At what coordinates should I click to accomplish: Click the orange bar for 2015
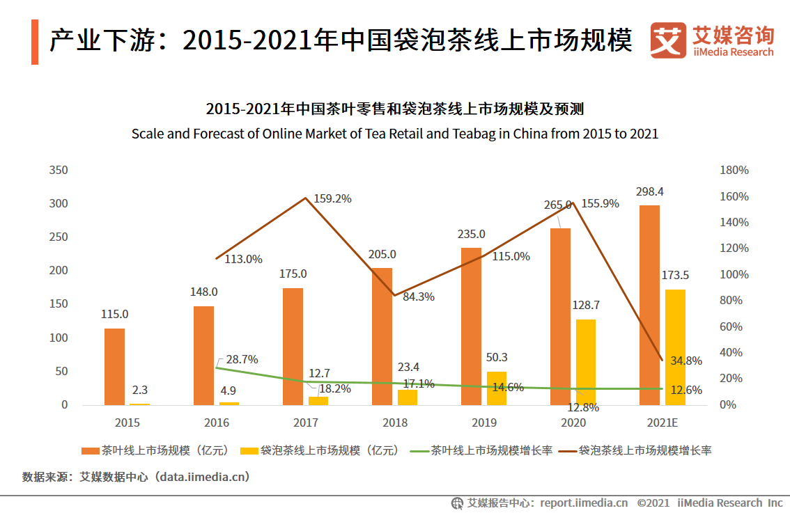114,367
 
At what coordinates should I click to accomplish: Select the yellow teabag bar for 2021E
675,347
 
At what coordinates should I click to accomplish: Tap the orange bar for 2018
382,336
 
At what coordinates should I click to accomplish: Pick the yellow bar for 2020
586,362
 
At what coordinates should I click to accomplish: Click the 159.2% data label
332,198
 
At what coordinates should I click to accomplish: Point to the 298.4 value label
649,191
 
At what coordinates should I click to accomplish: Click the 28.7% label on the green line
242,359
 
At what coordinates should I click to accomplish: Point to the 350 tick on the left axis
59,170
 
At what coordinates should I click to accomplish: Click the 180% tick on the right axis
734,171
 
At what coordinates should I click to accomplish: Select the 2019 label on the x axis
484,423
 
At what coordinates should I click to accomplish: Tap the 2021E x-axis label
662,423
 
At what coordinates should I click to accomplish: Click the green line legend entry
484,450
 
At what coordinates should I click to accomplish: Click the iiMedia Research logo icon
668,41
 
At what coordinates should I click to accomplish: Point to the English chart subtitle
395,134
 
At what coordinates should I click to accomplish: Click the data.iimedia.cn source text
202,477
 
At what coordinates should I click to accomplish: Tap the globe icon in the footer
457,503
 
